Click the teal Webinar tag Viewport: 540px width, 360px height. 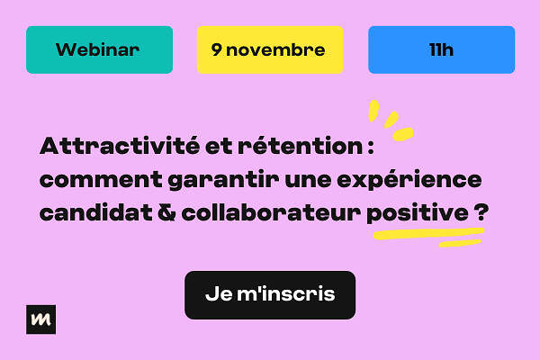[100, 50]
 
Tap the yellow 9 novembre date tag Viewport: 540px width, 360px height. [270, 50]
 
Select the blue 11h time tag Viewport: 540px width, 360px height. [442, 50]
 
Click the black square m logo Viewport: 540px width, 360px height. [41, 319]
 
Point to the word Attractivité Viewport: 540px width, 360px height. [120, 146]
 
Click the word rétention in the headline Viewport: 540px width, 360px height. [300, 146]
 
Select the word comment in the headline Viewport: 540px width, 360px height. [101, 180]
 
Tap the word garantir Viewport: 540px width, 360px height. [223, 181]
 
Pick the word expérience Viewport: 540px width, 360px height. [409, 180]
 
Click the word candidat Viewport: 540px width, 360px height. [96, 213]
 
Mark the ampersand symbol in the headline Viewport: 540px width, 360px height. [166, 213]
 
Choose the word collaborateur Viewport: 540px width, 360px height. [271, 213]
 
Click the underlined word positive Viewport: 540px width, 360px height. [418, 213]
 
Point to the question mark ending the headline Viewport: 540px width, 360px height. [481, 213]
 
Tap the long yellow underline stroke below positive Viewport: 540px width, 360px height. [428, 233]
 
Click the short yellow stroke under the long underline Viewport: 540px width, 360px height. [460, 243]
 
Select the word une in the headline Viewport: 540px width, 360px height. [308, 181]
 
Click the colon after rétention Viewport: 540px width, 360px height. [371, 148]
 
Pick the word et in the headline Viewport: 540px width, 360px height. [219, 147]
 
